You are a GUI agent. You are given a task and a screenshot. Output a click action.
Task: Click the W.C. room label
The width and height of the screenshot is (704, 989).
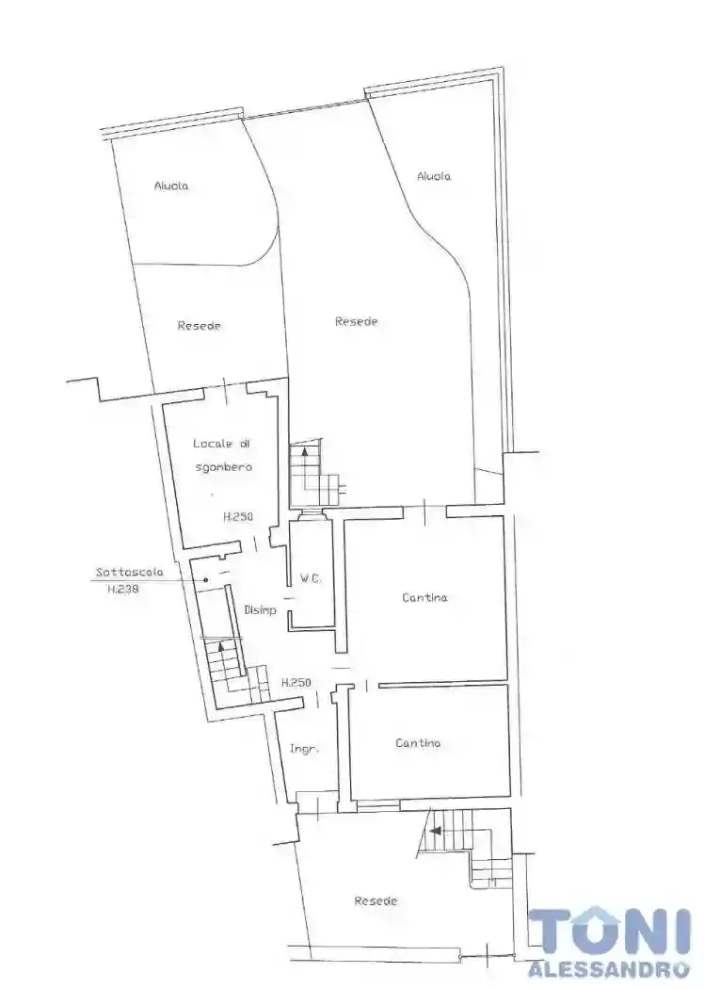[x=310, y=578]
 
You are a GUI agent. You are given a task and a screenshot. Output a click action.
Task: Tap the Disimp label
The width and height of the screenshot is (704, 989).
[x=261, y=610]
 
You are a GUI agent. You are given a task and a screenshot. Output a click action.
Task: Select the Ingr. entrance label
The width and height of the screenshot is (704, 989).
[x=304, y=750]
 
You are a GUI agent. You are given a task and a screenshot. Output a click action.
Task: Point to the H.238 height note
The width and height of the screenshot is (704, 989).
[x=123, y=591]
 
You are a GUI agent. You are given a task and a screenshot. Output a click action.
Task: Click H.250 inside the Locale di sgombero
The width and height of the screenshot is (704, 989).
[x=237, y=516]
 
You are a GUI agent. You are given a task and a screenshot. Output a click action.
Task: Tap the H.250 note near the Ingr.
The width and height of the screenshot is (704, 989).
[x=296, y=682]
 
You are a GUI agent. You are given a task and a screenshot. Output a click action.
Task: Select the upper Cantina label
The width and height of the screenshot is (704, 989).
[x=424, y=597]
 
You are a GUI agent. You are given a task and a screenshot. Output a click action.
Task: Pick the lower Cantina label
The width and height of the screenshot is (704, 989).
[x=418, y=743]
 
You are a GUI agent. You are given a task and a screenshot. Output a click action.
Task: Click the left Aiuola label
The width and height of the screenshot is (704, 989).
[x=171, y=186]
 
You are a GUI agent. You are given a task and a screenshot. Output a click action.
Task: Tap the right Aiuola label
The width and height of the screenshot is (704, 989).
[x=434, y=177]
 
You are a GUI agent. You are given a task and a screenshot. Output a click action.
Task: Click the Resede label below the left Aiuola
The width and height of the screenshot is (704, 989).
[x=200, y=326]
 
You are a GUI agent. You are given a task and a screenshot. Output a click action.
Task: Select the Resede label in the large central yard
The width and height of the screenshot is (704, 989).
[x=356, y=322]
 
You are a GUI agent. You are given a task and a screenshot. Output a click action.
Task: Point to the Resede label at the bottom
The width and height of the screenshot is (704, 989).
[x=376, y=900]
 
